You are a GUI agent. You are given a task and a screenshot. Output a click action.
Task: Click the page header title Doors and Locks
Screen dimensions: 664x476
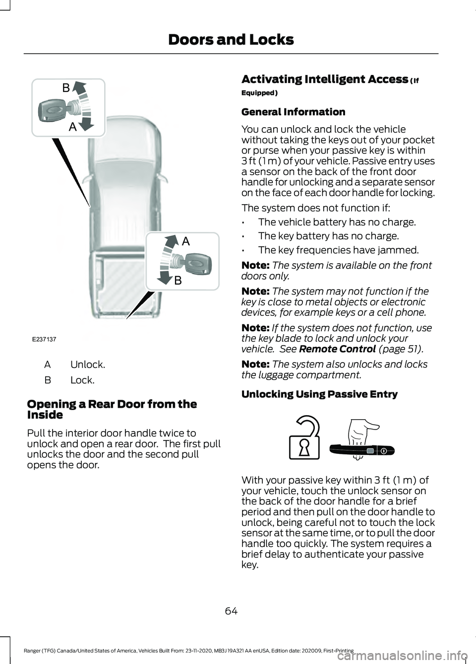[231, 40]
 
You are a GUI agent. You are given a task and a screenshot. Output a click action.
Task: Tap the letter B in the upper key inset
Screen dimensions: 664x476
[66, 88]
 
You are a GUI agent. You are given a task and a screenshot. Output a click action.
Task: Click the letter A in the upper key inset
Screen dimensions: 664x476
[72, 127]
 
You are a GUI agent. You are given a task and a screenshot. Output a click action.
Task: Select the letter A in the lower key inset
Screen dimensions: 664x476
[185, 241]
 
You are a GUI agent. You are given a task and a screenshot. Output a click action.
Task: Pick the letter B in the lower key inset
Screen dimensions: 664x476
[178, 281]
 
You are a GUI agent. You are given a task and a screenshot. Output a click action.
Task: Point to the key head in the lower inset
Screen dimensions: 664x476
[199, 262]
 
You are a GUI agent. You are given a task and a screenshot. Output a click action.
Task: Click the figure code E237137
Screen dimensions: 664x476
[44, 339]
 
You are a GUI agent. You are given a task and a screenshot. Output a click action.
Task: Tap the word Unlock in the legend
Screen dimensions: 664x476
[88, 365]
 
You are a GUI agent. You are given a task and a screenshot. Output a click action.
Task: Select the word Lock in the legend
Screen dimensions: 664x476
[82, 380]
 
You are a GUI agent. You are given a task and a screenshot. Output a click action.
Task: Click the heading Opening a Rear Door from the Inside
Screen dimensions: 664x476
[112, 409]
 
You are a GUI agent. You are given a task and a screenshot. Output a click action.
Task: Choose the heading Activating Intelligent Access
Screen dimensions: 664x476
[325, 79]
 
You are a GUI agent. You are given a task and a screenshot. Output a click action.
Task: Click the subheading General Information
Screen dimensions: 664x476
[293, 112]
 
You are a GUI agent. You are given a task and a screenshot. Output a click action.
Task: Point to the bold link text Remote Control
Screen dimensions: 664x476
[337, 349]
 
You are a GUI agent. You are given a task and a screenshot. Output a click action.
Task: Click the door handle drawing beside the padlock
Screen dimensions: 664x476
[362, 450]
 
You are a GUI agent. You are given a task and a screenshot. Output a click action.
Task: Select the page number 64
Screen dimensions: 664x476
[231, 611]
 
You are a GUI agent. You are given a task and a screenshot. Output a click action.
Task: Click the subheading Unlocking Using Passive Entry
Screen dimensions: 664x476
[319, 394]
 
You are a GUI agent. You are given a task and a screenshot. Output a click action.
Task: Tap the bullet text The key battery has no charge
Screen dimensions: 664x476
[328, 236]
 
